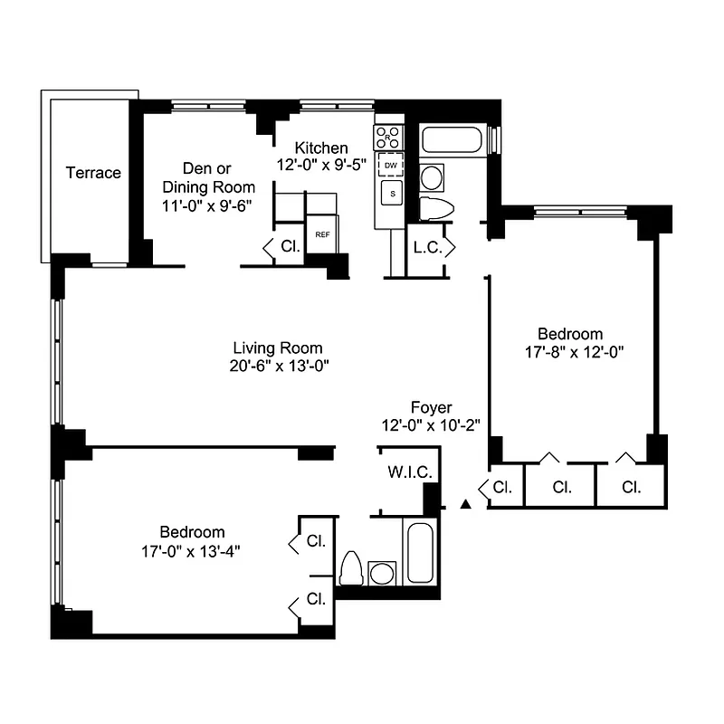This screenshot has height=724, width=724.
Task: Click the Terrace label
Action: tap(93, 173)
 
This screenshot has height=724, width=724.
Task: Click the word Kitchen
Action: tap(319, 148)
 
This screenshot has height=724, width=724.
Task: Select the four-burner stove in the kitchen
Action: tap(390, 138)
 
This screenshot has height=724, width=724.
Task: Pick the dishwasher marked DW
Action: tap(391, 167)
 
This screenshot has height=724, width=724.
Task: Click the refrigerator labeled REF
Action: tap(321, 234)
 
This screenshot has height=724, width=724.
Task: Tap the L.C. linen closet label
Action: tap(427, 247)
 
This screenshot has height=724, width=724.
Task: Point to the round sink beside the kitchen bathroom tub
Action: tap(432, 176)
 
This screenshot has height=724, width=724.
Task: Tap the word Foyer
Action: tap(431, 408)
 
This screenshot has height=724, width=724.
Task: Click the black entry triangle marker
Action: tap(466, 502)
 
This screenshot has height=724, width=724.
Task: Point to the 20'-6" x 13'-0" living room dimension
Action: tap(277, 367)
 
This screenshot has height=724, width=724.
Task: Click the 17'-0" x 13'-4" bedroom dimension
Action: tap(192, 549)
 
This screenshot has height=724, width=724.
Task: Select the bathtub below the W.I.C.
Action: tap(421, 553)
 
